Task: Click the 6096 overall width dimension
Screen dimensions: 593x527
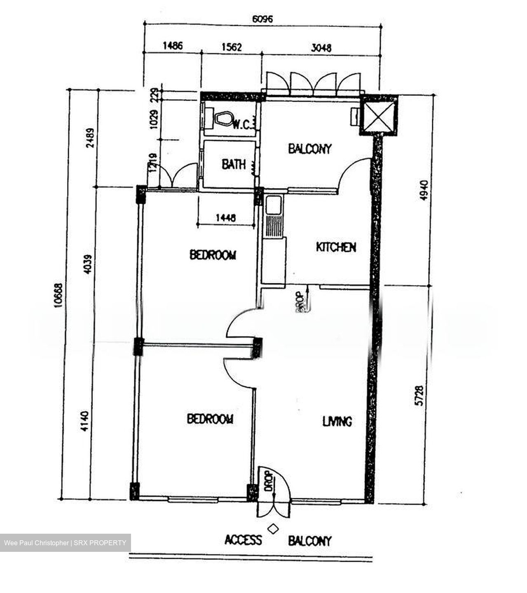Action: (x=262, y=19)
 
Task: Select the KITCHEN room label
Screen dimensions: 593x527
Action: (x=336, y=247)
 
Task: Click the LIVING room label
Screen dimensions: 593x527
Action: (x=337, y=421)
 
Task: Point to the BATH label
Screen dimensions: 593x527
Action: (x=234, y=165)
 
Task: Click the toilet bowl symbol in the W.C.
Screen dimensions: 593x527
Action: (x=223, y=119)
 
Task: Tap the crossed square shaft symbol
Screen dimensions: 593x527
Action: (x=378, y=115)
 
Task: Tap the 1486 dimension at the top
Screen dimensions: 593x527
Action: (x=172, y=46)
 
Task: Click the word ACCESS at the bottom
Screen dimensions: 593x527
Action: (x=243, y=540)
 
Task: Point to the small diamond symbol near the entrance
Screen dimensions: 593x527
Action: (x=272, y=528)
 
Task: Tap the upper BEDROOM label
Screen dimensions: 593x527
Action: (x=213, y=255)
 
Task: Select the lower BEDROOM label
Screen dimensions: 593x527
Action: (x=210, y=419)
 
